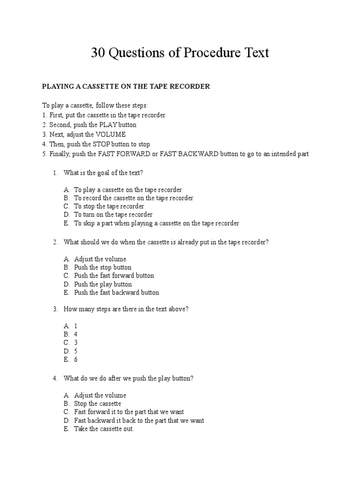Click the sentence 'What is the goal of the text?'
(x=103, y=173)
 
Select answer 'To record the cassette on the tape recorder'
(x=133, y=198)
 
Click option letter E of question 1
(x=66, y=224)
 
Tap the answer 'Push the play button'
(x=103, y=285)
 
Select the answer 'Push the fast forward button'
(x=114, y=276)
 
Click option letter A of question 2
(x=66, y=259)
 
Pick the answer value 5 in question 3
(x=76, y=351)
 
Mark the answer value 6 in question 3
(x=76, y=360)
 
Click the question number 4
(x=55, y=378)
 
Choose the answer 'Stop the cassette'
(x=97, y=404)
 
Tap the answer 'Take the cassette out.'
(x=104, y=429)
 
